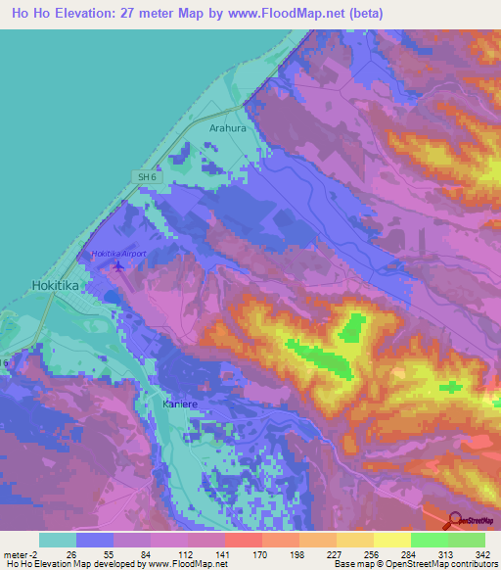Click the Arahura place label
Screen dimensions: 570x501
click(x=227, y=127)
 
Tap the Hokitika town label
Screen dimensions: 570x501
click(x=48, y=286)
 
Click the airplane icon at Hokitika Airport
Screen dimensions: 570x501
click(x=119, y=265)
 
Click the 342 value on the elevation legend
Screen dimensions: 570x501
click(x=483, y=553)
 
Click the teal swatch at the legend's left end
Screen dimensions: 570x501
click(x=58, y=540)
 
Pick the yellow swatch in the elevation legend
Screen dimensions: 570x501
click(x=391, y=540)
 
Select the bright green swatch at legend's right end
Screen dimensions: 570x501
click(x=466, y=540)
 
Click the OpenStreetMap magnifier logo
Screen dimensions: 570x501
click(x=453, y=521)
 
